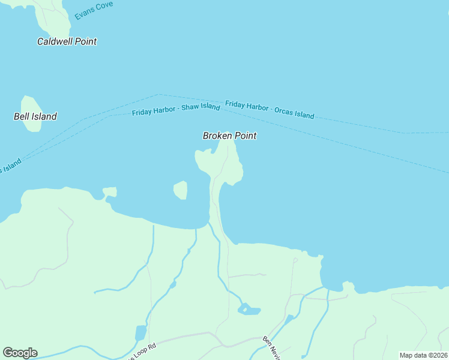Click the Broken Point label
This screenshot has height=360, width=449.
[x=229, y=136]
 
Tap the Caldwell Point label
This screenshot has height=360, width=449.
[x=67, y=41]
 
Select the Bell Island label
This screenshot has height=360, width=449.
[x=35, y=116]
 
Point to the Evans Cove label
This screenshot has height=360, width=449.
[x=94, y=10]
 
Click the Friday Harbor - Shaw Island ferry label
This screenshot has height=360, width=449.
[x=176, y=110]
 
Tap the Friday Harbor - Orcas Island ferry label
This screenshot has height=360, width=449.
[x=270, y=109]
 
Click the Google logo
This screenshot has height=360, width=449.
[x=20, y=353]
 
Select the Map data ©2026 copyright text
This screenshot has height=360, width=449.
[x=423, y=355]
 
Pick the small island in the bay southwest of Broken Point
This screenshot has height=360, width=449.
[x=180, y=190]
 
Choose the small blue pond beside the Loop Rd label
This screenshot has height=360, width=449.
[x=140, y=332]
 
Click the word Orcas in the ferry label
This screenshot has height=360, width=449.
[x=285, y=112]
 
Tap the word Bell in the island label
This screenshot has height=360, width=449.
[x=22, y=116]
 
